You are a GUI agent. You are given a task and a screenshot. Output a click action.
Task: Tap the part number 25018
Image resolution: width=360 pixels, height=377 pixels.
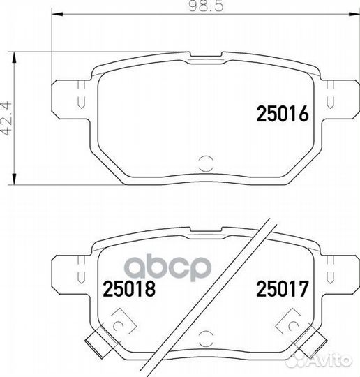(x=128, y=286)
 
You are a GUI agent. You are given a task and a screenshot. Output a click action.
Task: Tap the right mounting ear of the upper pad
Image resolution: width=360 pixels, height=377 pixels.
(x=340, y=95)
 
